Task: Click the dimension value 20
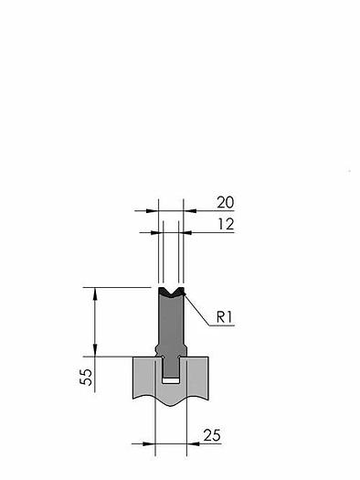(226, 202)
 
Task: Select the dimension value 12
(226, 224)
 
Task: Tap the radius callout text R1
(225, 317)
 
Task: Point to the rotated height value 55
(86, 377)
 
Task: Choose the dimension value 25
(212, 435)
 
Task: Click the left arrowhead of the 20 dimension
(153, 210)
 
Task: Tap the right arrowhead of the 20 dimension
(190, 210)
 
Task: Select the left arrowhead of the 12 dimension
(157, 233)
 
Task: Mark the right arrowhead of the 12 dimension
(185, 233)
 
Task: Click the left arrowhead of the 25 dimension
(149, 443)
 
